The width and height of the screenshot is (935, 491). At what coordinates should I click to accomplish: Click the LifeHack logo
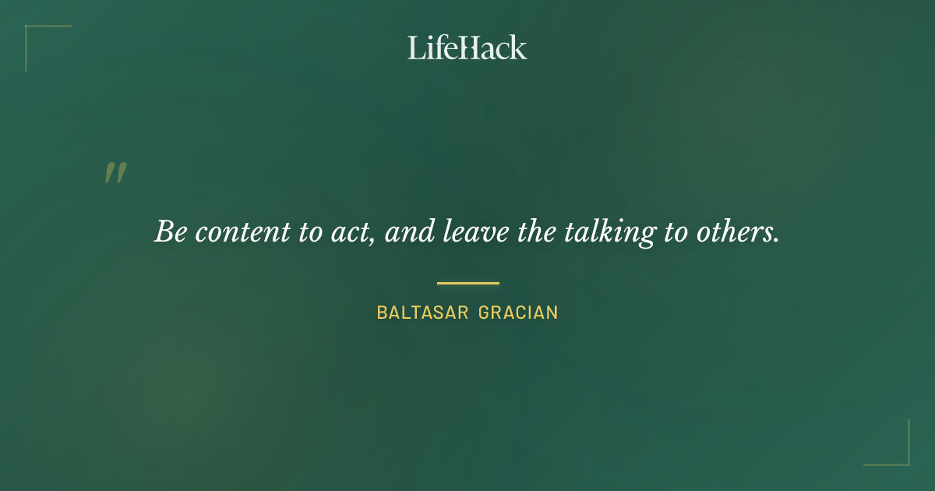[467, 48]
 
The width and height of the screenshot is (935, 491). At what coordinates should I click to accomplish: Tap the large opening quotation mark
[115, 173]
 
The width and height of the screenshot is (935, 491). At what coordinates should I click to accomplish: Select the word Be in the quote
[170, 231]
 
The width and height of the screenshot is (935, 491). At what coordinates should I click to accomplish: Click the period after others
[777, 239]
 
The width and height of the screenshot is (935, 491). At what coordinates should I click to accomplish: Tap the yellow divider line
[467, 283]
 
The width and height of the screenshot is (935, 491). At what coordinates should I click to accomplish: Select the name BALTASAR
[422, 313]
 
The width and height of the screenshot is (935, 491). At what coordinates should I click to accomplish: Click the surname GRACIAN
[518, 313]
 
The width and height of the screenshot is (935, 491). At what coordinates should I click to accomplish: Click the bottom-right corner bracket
[904, 460]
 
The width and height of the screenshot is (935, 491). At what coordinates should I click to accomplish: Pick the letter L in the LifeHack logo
[416, 48]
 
